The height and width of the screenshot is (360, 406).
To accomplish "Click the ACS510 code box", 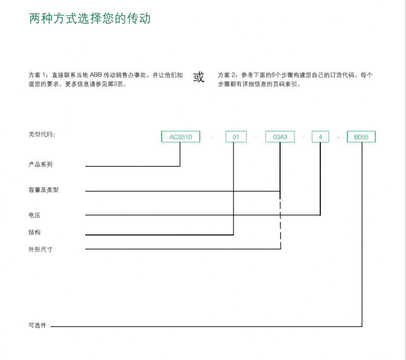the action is pyautogui.click(x=181, y=136).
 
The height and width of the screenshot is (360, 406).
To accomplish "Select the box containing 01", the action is pyautogui.click(x=236, y=136).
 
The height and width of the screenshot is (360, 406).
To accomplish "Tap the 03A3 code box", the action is pyautogui.click(x=280, y=136).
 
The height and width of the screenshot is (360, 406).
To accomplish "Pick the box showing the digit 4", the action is pyautogui.click(x=320, y=136).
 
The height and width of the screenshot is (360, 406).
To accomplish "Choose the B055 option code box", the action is pyautogui.click(x=361, y=136).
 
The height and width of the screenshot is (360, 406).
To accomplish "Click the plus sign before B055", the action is pyautogui.click(x=338, y=137).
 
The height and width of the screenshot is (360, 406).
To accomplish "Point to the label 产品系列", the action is pyautogui.click(x=41, y=164).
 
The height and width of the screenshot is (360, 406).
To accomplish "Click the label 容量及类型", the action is pyautogui.click(x=44, y=190).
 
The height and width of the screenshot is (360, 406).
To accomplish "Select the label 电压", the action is pyautogui.click(x=35, y=215).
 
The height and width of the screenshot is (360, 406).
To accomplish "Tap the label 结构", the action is pyautogui.click(x=35, y=232).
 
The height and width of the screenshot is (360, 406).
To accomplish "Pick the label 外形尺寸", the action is pyautogui.click(x=41, y=249).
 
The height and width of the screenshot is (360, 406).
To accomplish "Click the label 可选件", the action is pyautogui.click(x=38, y=326).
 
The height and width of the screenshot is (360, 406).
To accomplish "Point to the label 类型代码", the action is pyautogui.click(x=42, y=134).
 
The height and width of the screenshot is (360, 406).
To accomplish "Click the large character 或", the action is pyautogui.click(x=199, y=77).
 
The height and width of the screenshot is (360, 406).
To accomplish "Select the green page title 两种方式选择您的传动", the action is pyautogui.click(x=90, y=18).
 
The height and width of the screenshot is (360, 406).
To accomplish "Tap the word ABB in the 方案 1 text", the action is pyautogui.click(x=96, y=75).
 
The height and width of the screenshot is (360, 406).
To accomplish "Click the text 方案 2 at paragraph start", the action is pyautogui.click(x=227, y=75).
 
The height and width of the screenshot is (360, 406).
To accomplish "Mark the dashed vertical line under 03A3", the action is pyautogui.click(x=281, y=221).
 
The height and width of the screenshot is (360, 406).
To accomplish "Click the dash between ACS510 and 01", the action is pyautogui.click(x=213, y=137).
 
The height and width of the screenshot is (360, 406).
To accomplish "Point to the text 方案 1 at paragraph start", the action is pyautogui.click(x=38, y=75).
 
